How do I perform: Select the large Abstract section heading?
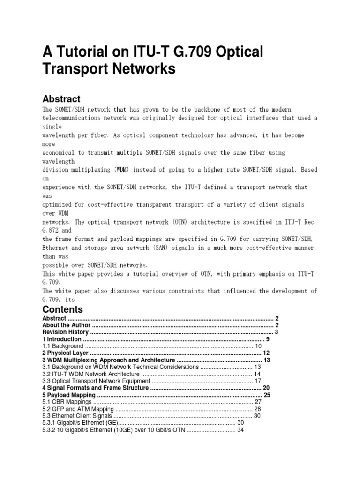61,99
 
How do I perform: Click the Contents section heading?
63,309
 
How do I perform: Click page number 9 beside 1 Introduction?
267,339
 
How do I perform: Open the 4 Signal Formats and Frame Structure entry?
96,388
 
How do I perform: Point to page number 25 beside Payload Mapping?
267,395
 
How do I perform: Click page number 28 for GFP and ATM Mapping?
257,409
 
